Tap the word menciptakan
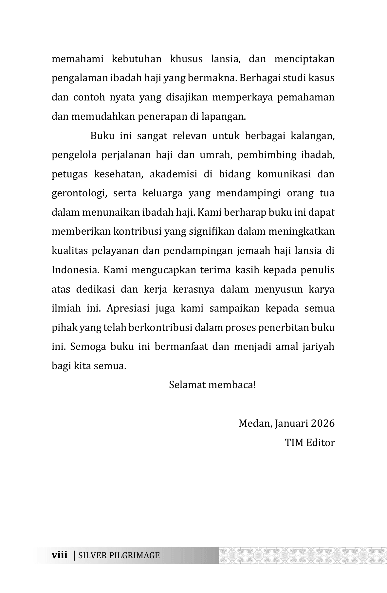[x=304, y=59]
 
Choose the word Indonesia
[x=76, y=270]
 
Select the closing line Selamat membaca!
[x=212, y=385]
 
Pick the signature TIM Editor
[x=309, y=443]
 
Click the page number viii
[x=60, y=555]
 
